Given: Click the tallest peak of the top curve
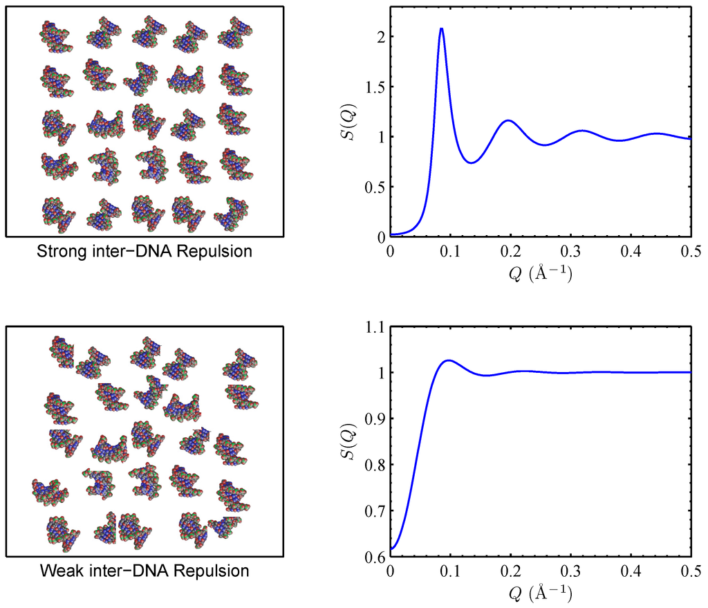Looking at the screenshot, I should point(441,29).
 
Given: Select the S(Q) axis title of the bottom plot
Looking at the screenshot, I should point(351,443).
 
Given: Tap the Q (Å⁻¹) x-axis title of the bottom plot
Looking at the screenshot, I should point(540,593).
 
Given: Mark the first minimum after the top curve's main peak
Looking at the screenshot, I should point(471,163).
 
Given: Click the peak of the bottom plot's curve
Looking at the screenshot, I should point(449,360).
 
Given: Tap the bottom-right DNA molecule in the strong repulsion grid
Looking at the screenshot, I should point(232,212).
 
